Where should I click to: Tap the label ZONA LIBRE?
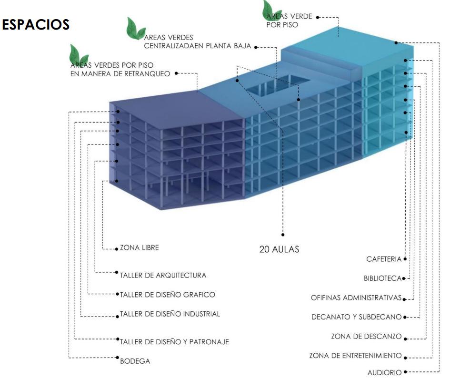(x=140, y=248)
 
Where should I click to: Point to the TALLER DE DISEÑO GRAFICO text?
(x=167, y=295)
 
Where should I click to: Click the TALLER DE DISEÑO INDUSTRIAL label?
(x=170, y=314)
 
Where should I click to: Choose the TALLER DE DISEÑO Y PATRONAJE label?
(x=174, y=341)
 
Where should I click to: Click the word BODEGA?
(x=135, y=361)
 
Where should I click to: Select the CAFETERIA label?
(x=384, y=259)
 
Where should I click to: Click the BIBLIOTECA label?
(x=382, y=278)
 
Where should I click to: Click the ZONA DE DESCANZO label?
(x=367, y=337)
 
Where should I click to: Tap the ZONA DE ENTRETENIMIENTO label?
(x=356, y=356)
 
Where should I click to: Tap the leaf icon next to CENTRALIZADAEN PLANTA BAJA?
(x=136, y=29)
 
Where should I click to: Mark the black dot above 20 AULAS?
(x=282, y=235)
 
